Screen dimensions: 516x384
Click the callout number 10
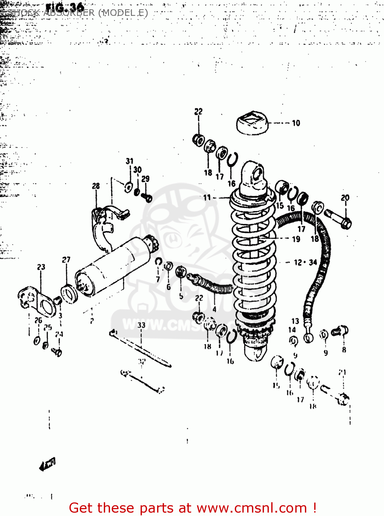point(296,123)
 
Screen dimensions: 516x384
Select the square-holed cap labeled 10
point(252,123)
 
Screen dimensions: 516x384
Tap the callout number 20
point(345,198)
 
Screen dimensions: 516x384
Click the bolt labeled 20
point(338,219)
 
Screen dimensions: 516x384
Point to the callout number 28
point(96,186)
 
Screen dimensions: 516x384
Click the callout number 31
point(130,161)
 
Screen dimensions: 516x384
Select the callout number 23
point(41,267)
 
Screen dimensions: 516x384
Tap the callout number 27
point(66,260)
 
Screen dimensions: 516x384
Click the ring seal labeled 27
point(69,294)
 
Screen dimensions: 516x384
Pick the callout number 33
point(141,325)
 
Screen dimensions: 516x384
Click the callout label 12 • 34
point(305,262)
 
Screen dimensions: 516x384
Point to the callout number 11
point(207,197)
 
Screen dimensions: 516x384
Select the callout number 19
point(296,239)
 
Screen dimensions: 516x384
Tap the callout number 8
point(344,350)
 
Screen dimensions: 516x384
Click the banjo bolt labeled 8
point(340,331)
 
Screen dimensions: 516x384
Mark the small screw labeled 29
point(147,198)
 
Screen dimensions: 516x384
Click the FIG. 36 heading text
point(65,7)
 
